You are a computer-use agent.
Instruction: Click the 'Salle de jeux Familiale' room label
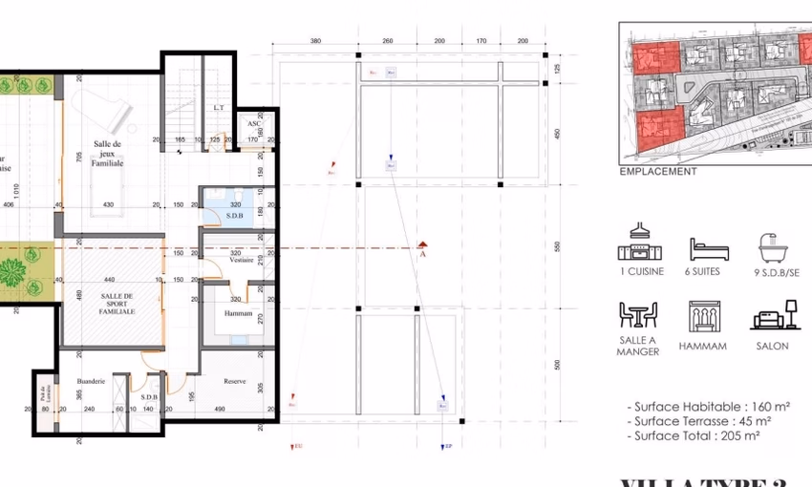[x=107, y=153]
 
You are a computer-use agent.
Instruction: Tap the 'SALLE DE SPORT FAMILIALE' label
[x=118, y=304]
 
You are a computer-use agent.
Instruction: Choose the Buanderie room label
[x=91, y=381]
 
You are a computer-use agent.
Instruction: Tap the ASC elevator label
[x=254, y=124]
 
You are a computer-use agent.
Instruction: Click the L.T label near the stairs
[x=219, y=108]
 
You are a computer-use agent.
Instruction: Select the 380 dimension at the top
[x=315, y=42]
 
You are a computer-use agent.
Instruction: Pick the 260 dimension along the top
[x=388, y=42]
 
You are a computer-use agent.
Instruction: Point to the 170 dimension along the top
[x=481, y=42]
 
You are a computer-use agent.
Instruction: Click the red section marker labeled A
[x=421, y=252]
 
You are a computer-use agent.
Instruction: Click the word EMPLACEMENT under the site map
[x=658, y=172]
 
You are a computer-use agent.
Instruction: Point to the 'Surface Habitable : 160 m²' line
[x=701, y=407]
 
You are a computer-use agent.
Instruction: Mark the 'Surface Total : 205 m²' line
[x=694, y=435]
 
